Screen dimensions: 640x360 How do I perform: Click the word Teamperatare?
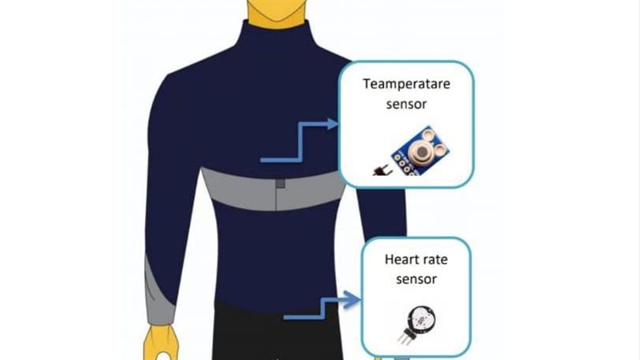(406, 85)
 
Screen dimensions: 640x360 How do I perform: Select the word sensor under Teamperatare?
(406, 104)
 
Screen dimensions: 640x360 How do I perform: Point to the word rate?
(434, 259)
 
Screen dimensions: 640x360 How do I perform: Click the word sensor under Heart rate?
(416, 279)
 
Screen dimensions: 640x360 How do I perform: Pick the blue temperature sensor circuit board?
(421, 151)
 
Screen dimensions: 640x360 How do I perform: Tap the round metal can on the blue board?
(421, 151)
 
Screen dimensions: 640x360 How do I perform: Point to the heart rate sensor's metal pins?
(406, 335)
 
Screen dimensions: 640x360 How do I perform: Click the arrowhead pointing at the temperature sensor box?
(333, 124)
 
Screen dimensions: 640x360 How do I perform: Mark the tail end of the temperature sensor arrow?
(262, 160)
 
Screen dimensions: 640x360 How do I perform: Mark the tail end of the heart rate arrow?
(285, 317)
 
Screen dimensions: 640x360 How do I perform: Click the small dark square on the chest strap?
(281, 183)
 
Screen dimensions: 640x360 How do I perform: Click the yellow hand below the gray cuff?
(161, 342)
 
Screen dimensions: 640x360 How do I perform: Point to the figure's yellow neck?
(276, 14)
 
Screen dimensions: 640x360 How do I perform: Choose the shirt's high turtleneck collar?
(276, 37)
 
